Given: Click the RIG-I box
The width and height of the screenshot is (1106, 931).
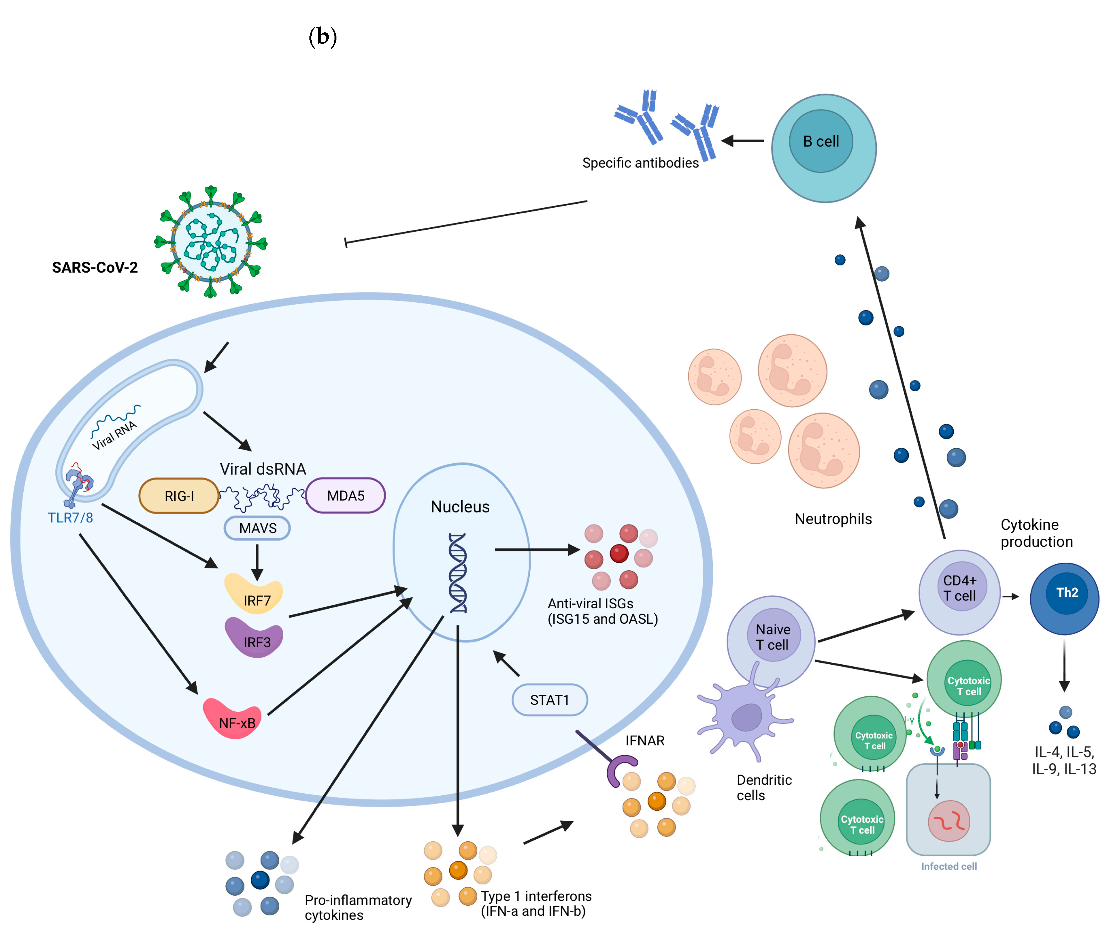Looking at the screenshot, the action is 179,495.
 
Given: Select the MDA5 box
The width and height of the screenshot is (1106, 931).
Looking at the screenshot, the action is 345,495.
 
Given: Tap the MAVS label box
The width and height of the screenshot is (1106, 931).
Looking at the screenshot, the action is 257,528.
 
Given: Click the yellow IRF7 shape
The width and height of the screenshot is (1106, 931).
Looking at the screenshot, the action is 254,594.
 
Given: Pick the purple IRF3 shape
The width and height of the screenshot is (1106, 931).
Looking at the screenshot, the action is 254,637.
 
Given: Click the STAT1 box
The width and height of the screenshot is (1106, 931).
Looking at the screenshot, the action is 550,700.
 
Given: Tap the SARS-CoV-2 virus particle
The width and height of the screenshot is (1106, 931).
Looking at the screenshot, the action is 211,242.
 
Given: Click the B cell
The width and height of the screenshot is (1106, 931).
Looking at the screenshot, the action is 824,148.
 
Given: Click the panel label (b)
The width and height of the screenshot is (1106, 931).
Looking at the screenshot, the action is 322,37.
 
